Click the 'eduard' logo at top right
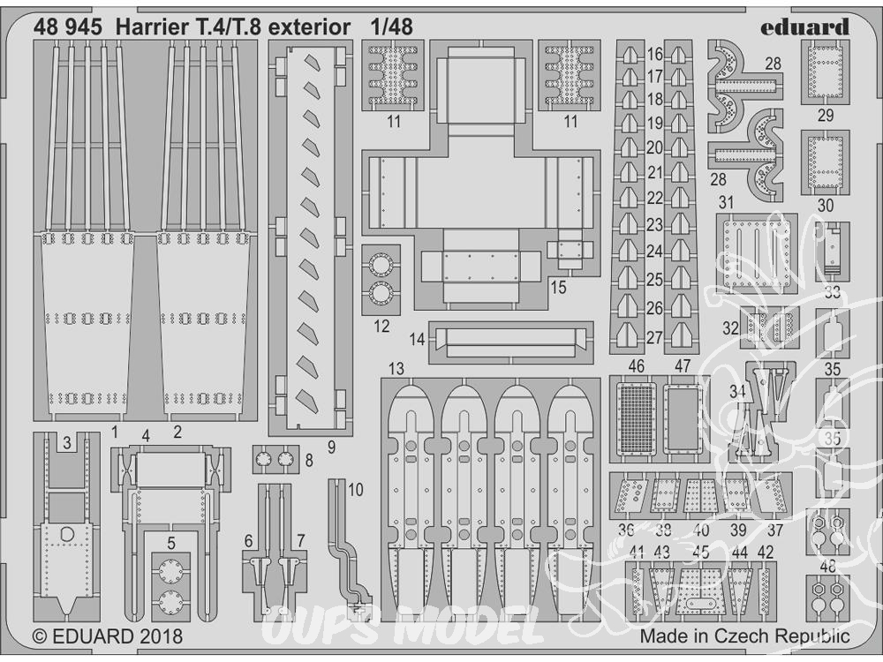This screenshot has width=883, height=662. pos(804,27)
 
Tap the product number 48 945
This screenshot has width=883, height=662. pos(68,27)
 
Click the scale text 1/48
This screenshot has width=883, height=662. pos(391,27)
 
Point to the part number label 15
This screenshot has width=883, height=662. pos(558,287)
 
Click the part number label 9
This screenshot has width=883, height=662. pos(331,448)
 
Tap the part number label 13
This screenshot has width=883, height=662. pos(396,369)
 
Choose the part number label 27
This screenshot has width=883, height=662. pos(654,338)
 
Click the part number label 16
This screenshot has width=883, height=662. pos(654,55)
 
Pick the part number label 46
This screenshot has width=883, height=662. pos(636,366)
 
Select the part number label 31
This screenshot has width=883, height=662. pos(727,203)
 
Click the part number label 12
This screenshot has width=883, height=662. pos(381,327)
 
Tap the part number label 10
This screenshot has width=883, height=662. pos(356,490)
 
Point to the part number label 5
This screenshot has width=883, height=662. pos(171,543)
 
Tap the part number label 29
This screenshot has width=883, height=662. pos(825,116)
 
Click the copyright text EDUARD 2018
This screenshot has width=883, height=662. pos(108,636)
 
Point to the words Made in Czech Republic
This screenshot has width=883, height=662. pos(745,636)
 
